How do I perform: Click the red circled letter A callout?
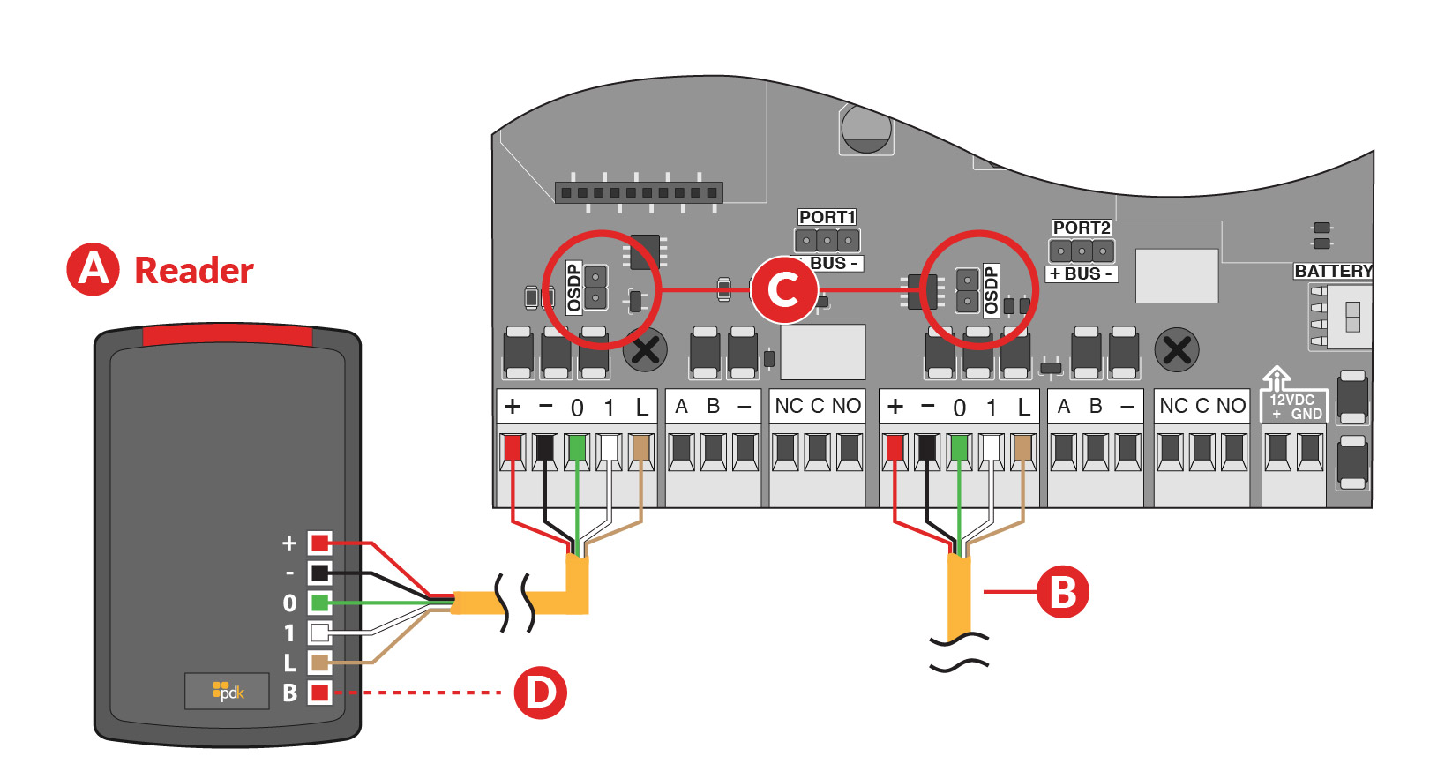coord(93,269)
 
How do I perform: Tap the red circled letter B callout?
coord(1062,592)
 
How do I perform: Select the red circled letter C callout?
coord(783,289)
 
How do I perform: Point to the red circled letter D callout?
coord(540,693)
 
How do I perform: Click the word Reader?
coord(193,270)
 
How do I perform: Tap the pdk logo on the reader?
coord(228,691)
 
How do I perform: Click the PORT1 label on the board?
coord(827,217)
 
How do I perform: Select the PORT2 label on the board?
coord(1082,228)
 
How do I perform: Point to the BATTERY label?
coord(1333,271)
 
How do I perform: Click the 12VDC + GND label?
coord(1294,407)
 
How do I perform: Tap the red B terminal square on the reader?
coord(319,693)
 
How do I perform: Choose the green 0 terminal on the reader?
coord(319,603)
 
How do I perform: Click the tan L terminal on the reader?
coord(319,663)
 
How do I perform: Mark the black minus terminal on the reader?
coord(319,573)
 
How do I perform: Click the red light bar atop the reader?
coord(228,336)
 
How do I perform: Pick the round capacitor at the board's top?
coord(866,128)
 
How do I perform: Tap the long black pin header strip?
coord(639,192)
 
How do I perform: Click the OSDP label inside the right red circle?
coord(991,290)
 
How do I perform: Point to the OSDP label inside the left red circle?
coord(574,288)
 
